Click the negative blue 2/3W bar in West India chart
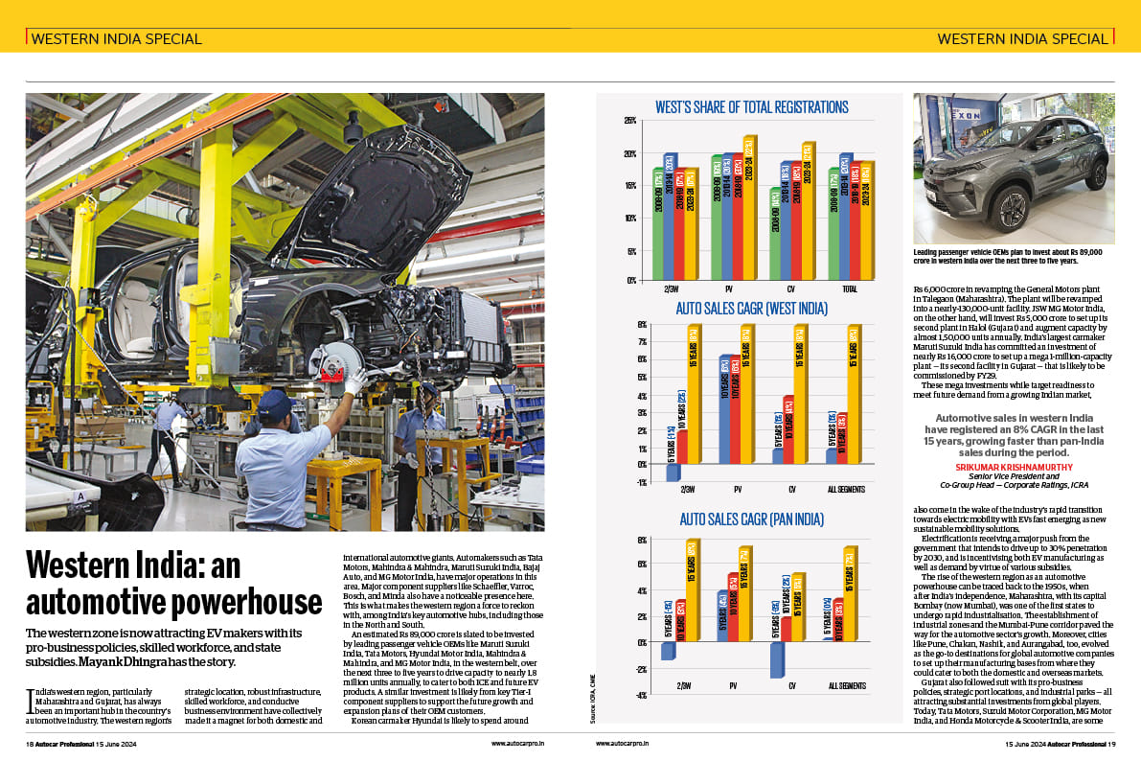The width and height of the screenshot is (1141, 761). point(673,473)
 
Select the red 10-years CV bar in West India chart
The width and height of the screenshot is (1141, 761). point(788,429)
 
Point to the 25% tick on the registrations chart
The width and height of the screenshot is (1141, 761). point(630,121)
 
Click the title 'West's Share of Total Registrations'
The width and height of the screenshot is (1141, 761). point(751,106)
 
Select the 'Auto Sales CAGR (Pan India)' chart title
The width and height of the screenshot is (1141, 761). point(751,519)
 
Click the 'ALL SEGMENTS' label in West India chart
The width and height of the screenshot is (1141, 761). point(847,490)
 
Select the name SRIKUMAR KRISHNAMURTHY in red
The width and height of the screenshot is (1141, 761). point(1012,467)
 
